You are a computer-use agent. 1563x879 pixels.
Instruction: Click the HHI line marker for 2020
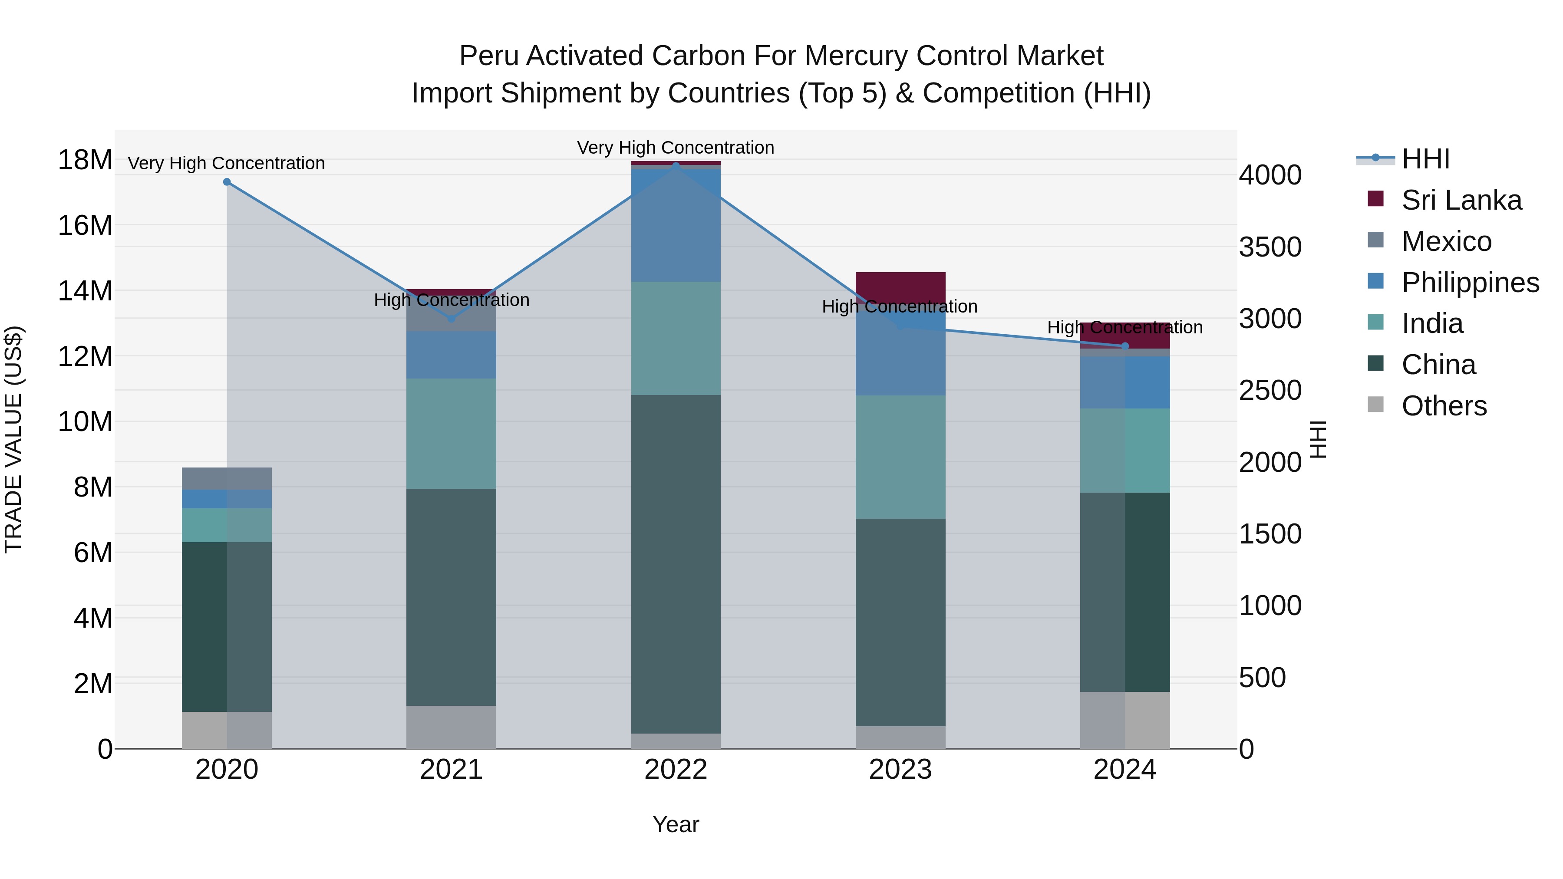227,182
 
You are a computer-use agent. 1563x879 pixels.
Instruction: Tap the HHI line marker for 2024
1125,346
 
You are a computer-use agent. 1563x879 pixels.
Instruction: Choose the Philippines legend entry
1470,283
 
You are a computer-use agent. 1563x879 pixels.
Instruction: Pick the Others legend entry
1444,406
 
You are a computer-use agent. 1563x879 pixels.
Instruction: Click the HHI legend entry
1425,159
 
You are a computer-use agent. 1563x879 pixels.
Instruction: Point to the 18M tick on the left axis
85,160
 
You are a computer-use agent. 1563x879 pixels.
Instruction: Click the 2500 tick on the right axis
1270,390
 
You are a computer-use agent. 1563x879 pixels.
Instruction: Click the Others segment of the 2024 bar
1125,720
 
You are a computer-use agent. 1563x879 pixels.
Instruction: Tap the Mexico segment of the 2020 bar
227,479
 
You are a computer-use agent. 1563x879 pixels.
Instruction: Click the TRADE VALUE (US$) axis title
13,439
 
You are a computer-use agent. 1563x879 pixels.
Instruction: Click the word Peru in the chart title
488,56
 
